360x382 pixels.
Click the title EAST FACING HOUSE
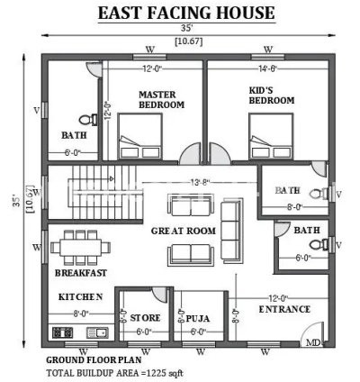(186, 13)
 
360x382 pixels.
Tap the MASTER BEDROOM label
(161, 99)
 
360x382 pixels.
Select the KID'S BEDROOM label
(271, 95)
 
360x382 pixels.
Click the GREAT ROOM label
(183, 232)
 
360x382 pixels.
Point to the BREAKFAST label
(81, 272)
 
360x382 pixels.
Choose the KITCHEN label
(80, 296)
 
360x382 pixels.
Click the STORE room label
(145, 318)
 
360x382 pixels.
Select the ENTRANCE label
(284, 310)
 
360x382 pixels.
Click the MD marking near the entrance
(313, 343)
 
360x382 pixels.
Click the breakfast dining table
(81, 246)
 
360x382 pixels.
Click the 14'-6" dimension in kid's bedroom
(269, 69)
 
